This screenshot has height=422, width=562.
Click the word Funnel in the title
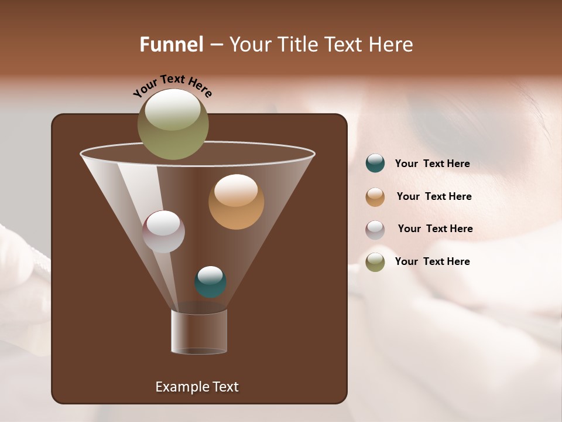pos(171,45)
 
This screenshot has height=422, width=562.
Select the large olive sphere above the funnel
pos(173,124)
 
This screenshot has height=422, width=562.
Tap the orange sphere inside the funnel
pos(236,202)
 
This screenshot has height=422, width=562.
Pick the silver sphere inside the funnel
pos(164,232)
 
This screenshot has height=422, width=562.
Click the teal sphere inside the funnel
pos(210,282)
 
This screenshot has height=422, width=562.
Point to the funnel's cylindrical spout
pos(199,332)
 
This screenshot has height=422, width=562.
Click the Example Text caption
pos(197,387)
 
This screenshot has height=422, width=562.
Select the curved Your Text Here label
pos(172,85)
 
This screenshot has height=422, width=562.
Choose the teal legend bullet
pos(375,164)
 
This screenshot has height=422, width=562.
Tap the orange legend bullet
pos(375,197)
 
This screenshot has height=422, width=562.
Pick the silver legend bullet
pos(375,230)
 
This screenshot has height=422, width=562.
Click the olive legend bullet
pos(375,262)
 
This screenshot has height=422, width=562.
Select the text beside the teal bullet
pos(432,164)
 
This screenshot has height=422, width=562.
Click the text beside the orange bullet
pos(434,197)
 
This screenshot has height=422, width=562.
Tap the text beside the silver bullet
pos(435,229)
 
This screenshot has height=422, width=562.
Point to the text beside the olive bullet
pos(432,262)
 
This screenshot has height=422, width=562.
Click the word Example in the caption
pos(180,387)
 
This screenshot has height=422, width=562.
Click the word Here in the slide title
pos(390,45)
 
